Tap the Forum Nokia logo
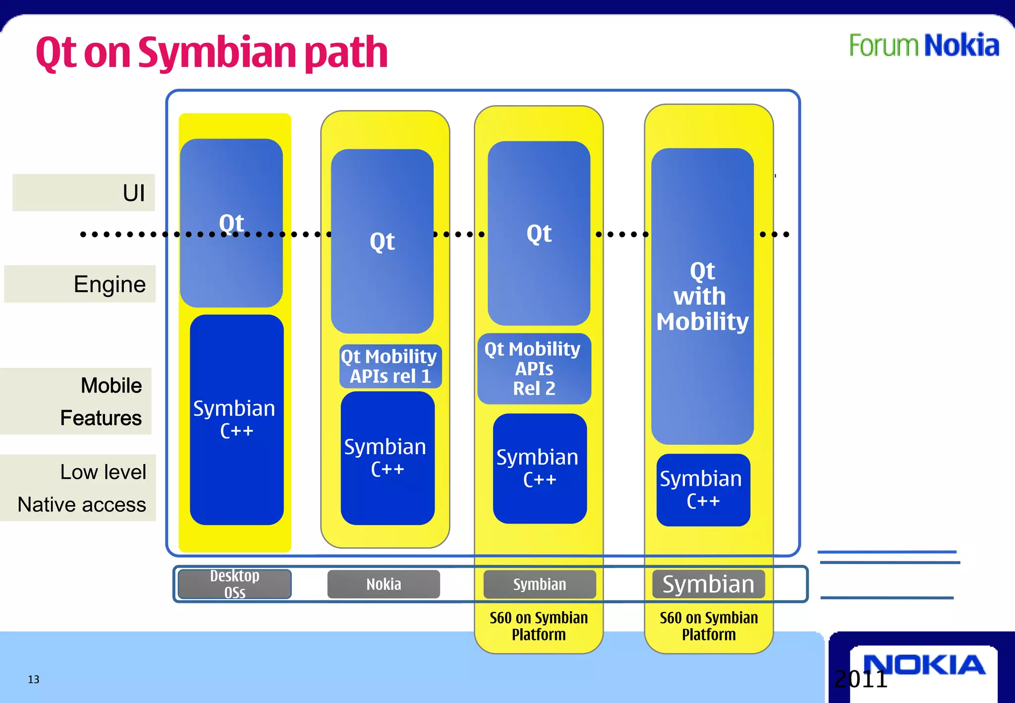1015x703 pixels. coord(924,46)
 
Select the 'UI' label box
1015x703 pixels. coord(84,192)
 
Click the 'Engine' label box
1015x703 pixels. coord(80,284)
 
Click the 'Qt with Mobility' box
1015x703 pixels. coord(702,296)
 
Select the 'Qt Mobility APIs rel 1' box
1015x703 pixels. coord(390,366)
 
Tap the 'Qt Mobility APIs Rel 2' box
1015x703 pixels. coord(534,369)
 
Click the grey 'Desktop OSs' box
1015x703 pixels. coord(234,584)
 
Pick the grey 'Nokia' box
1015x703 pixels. coord(384,584)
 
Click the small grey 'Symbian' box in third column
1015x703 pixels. coord(539,584)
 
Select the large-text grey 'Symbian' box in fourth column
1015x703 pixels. coord(708,584)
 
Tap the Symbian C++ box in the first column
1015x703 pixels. coord(236,419)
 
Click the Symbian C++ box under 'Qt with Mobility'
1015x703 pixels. coord(703,490)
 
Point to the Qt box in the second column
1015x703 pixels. coord(382,241)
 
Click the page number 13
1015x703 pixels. coord(34,679)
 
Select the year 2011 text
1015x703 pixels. coord(861,679)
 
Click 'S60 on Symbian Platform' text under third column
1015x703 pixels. coord(539,626)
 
